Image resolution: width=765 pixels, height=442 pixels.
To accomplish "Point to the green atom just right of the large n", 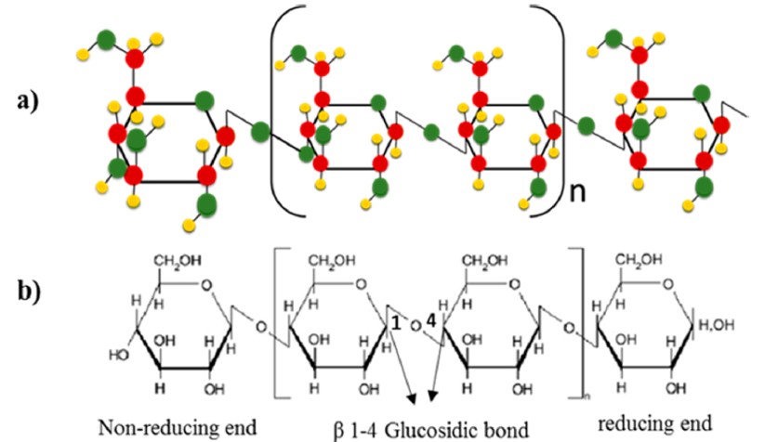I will click(x=586, y=125).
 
